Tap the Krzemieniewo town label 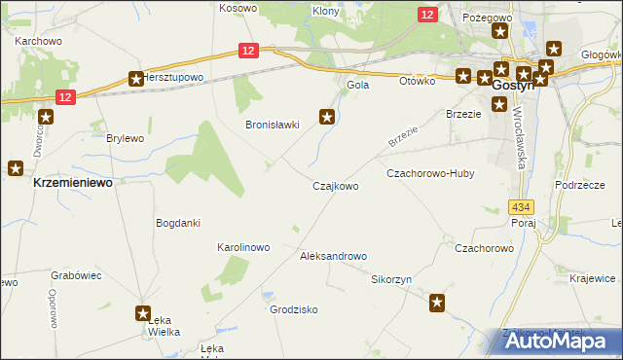[x=71, y=183]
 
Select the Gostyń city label [x=510, y=86]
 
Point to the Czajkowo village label [x=335, y=186]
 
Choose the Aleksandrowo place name [x=333, y=256]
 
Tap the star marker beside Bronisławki [x=328, y=118]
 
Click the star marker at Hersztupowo [x=136, y=79]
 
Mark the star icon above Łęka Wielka [x=144, y=313]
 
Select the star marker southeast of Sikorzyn [x=437, y=304]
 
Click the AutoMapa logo [x=561, y=342]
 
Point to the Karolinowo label [x=242, y=247]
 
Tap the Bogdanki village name [x=178, y=223]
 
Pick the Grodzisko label [x=294, y=309]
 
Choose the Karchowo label [x=39, y=42]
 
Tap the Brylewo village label [x=125, y=139]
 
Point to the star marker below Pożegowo [x=500, y=31]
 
